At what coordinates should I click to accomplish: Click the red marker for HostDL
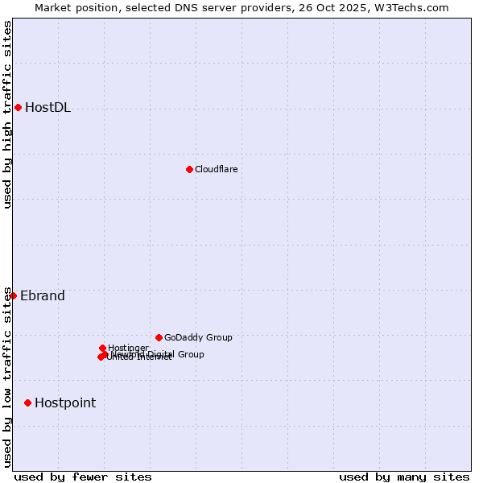pyautogui.click(x=18, y=107)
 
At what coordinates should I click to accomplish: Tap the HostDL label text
pyautogui.click(x=47, y=108)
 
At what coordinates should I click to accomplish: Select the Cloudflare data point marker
pyautogui.click(x=189, y=169)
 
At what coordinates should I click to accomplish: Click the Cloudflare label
pyautogui.click(x=216, y=169)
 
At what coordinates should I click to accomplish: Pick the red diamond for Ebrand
pyautogui.click(x=13, y=295)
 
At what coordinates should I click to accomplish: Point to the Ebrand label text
pyautogui.click(x=43, y=295)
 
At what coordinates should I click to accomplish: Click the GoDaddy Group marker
pyautogui.click(x=159, y=337)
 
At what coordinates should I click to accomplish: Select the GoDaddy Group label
pyautogui.click(x=198, y=337)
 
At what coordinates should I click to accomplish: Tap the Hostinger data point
pyautogui.click(x=102, y=348)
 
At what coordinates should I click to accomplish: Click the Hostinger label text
pyautogui.click(x=128, y=348)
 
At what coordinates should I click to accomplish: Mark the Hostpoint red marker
pyautogui.click(x=27, y=402)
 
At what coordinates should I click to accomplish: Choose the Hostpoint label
pyautogui.click(x=65, y=402)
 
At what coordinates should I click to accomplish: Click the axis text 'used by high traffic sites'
pyautogui.click(x=8, y=114)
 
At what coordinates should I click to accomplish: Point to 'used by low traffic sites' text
pyautogui.click(x=8, y=377)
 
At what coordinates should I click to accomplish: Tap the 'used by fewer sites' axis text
pyautogui.click(x=83, y=477)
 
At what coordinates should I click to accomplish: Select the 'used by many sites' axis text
pyautogui.click(x=404, y=477)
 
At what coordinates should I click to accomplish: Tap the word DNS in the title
pyautogui.click(x=174, y=8)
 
